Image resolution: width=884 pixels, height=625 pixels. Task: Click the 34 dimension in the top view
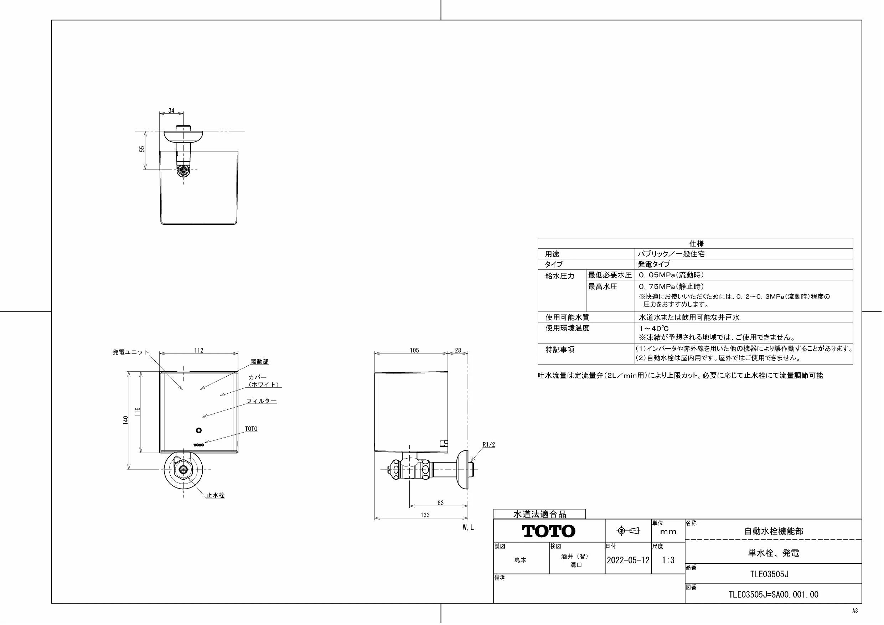coord(171,110)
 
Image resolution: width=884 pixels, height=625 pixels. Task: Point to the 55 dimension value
coord(142,149)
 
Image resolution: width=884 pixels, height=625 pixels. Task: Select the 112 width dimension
coord(199,350)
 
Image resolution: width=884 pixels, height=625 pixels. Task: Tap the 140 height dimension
coord(125,420)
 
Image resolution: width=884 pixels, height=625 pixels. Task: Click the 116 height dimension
coord(138,412)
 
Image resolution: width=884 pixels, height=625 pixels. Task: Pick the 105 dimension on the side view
coord(414,350)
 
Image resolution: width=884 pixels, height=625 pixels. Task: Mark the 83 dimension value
coord(440,503)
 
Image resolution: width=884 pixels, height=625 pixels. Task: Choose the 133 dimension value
coord(425,515)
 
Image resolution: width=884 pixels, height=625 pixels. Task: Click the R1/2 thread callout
coord(489,445)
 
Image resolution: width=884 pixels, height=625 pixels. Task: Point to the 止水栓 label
coord(215,495)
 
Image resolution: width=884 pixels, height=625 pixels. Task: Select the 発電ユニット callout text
coord(130,352)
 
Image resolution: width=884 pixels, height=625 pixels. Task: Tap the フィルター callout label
coord(262,401)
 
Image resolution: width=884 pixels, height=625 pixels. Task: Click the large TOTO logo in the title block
coord(549,531)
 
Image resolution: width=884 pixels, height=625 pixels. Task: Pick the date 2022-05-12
coord(628,560)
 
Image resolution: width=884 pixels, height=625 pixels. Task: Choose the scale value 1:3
coord(668,560)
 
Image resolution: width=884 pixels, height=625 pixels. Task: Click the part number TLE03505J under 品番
coord(769,574)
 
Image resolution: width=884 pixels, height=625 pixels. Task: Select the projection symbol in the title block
coord(628,531)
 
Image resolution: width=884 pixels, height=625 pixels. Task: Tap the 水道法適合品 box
coord(539,514)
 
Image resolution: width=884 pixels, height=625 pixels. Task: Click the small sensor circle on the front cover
coord(199,430)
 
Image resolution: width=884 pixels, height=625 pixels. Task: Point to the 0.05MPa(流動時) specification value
coord(671,275)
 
